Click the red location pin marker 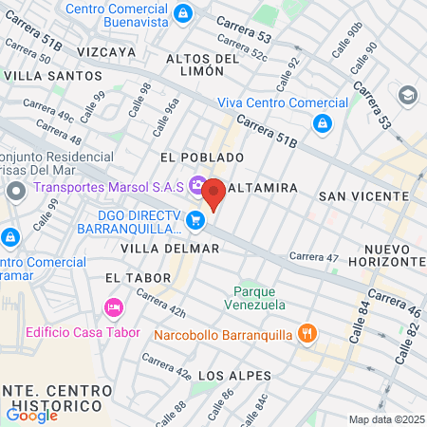point(213,194)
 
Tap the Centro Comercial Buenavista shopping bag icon point(184,12)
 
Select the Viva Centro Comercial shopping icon point(323,122)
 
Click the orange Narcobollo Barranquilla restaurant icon point(306,333)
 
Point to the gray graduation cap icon point(408,95)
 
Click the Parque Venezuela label point(254,298)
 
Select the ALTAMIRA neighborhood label point(259,189)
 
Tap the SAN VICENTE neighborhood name point(363,195)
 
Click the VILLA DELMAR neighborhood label point(171,248)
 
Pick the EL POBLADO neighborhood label point(202,157)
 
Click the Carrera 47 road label point(314,256)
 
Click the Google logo point(31,415)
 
